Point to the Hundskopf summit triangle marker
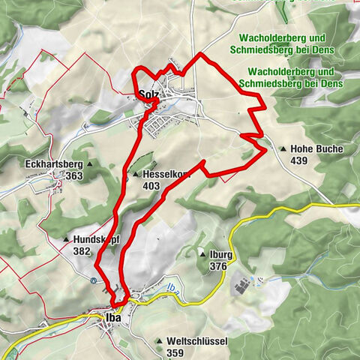(x=66, y=240)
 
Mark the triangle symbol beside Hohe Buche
(x=283, y=149)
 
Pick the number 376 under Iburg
(x=219, y=267)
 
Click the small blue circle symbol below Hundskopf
(x=92, y=280)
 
